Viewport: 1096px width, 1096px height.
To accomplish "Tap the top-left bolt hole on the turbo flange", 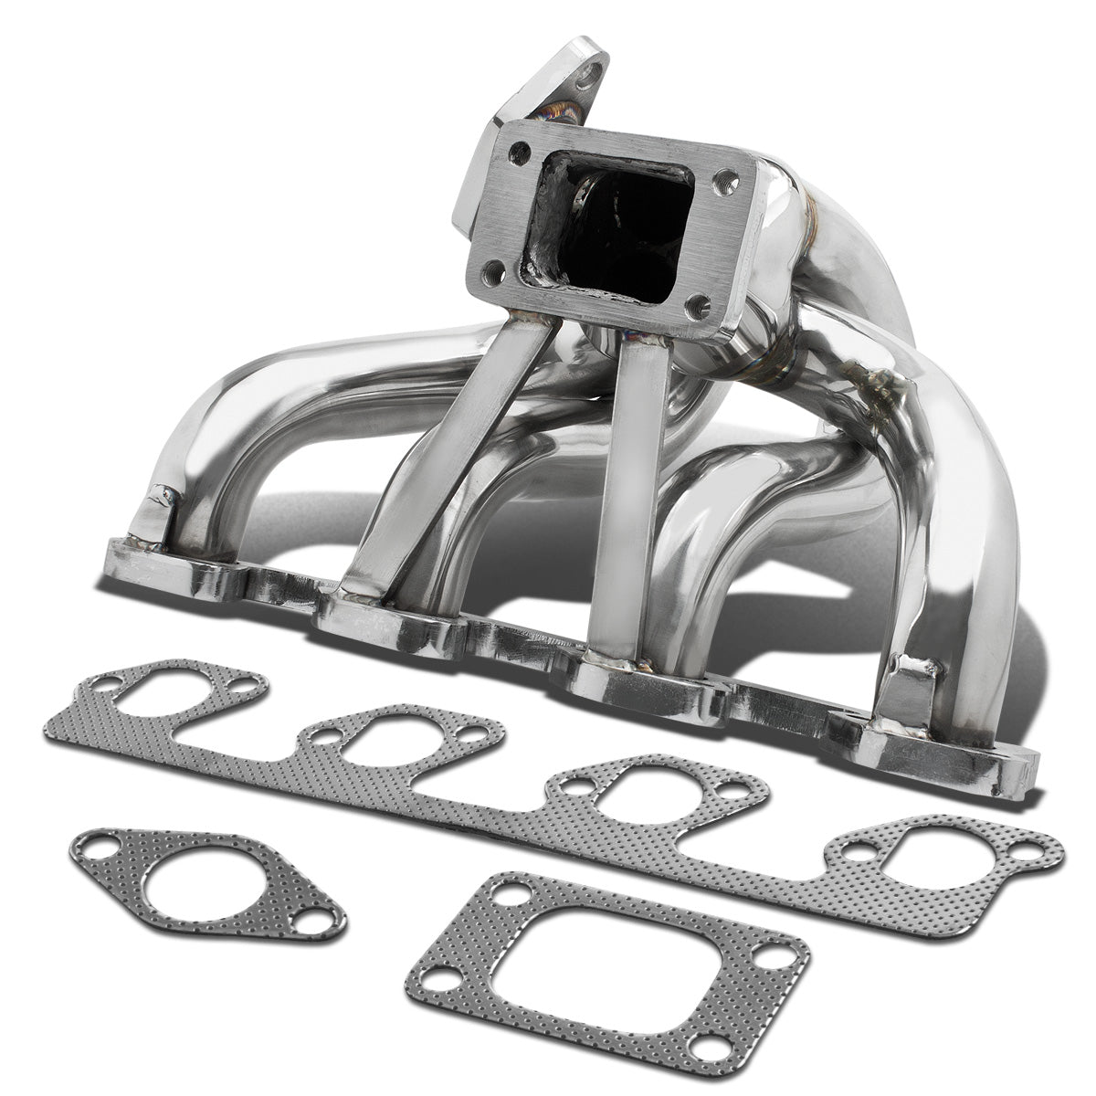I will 521,152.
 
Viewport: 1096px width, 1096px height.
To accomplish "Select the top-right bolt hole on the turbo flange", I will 752,180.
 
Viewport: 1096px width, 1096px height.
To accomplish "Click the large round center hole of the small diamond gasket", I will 205,882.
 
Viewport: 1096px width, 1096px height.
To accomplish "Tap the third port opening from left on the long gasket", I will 651,784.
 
